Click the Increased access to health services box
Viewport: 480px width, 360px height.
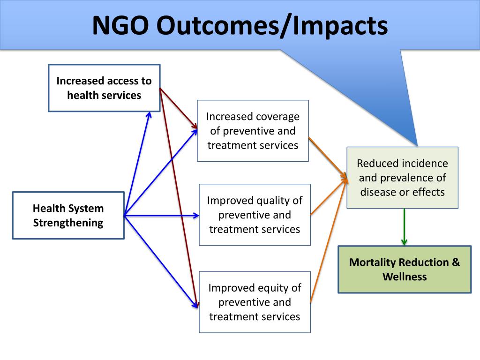coord(104,88)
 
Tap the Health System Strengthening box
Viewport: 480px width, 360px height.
coord(68,216)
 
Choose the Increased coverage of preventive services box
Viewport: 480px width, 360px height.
coord(253,131)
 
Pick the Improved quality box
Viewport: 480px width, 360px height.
coord(255,215)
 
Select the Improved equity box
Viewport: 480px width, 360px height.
coord(255,302)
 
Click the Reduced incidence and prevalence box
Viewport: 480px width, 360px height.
coord(402,178)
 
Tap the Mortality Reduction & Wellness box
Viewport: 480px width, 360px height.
coord(404,269)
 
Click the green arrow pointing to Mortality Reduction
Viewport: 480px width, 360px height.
coord(404,227)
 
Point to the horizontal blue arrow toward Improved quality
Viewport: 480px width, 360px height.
coord(162,216)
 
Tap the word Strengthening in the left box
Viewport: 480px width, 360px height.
coord(68,223)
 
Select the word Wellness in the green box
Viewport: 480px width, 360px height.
coord(404,277)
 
